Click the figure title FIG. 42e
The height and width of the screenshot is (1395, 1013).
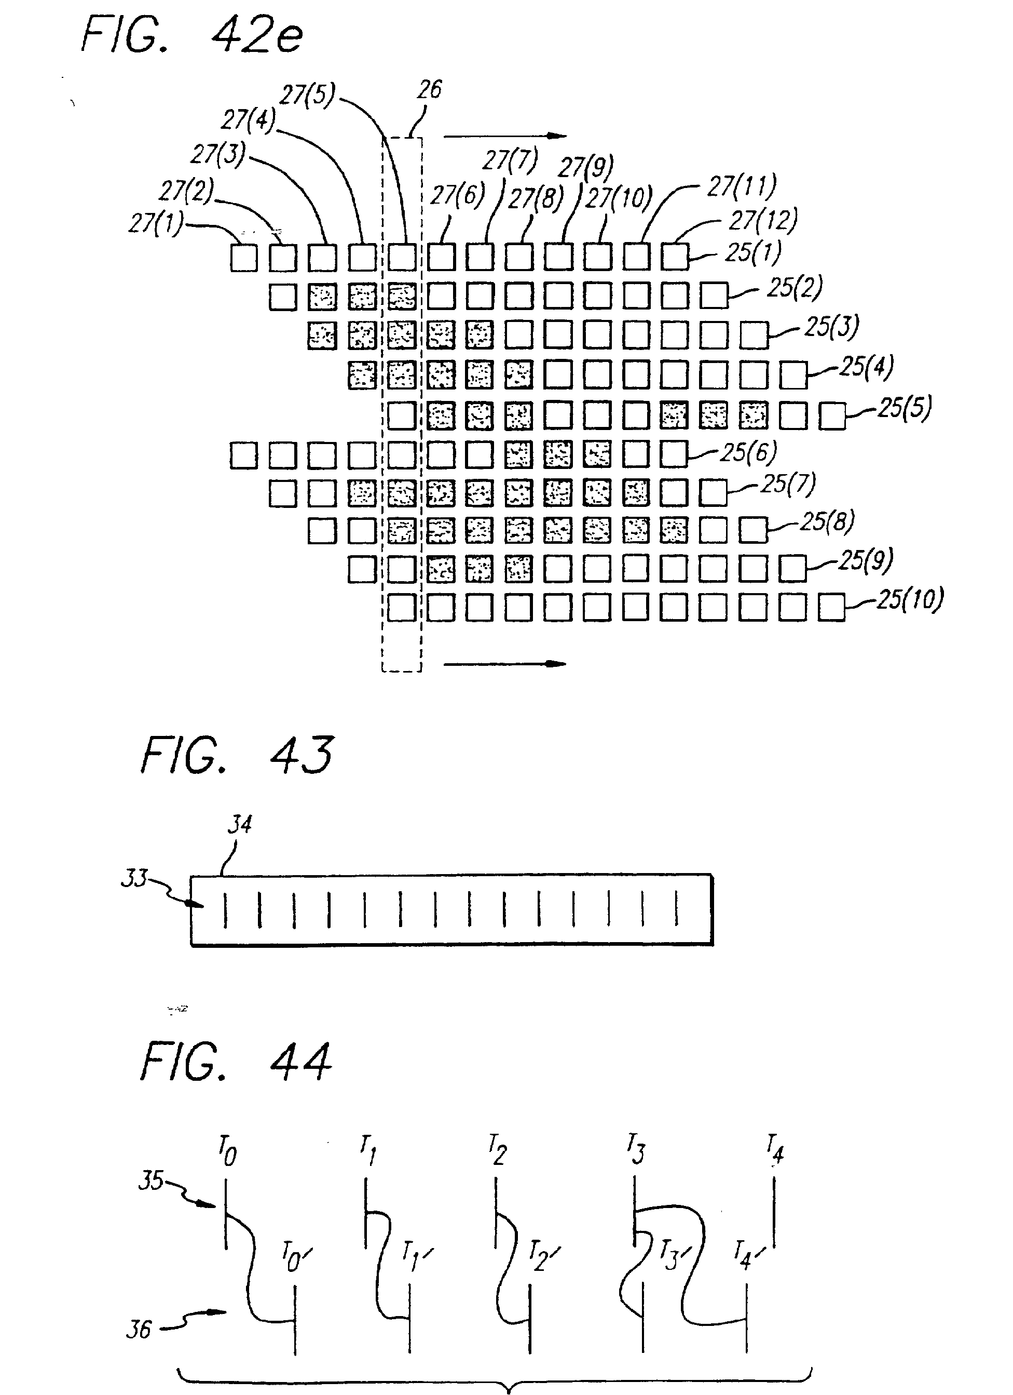(x=192, y=35)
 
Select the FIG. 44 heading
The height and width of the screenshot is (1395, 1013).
(x=237, y=1062)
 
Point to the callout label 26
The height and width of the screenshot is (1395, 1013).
(x=429, y=90)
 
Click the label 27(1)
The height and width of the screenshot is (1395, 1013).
(x=156, y=223)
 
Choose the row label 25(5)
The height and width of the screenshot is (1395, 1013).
(x=904, y=408)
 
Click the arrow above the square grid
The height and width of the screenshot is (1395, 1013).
(x=504, y=136)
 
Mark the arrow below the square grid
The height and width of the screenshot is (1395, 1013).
(x=504, y=664)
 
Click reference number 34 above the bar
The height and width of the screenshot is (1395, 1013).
(x=240, y=824)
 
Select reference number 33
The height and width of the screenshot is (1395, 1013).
(x=133, y=878)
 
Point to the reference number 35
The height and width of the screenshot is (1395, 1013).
(x=151, y=1181)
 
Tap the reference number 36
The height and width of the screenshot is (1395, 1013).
(x=139, y=1329)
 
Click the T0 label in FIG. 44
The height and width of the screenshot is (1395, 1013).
(x=227, y=1152)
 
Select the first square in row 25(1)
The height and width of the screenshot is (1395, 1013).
(x=244, y=258)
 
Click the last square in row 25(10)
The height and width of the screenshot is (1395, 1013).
(x=832, y=608)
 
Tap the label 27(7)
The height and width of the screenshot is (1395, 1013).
(x=510, y=160)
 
